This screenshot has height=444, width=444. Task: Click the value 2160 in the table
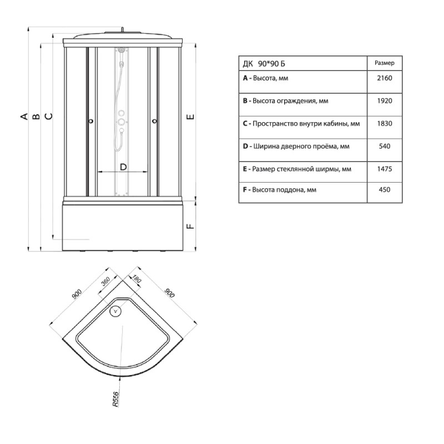click(384, 78)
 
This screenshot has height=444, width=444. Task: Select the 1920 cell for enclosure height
click(384, 101)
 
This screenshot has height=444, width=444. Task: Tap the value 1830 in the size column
click(384, 123)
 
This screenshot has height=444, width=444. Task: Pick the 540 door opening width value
click(384, 146)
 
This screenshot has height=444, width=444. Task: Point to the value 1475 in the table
click(384, 169)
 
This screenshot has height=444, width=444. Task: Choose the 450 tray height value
click(384, 189)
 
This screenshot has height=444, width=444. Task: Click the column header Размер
click(384, 63)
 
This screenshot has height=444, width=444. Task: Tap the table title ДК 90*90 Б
click(264, 64)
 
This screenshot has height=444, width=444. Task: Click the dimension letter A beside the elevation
click(24, 116)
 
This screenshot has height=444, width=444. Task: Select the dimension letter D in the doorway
click(123, 167)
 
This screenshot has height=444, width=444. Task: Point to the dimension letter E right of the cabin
click(191, 117)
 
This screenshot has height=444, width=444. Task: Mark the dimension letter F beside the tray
click(191, 226)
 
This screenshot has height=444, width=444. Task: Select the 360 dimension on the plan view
click(105, 281)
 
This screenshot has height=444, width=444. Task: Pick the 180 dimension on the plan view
click(136, 279)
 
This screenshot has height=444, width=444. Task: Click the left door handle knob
click(91, 122)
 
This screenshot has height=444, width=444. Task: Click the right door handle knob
click(155, 122)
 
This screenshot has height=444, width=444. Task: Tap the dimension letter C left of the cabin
click(49, 116)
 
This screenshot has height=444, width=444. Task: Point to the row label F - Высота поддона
click(280, 190)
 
